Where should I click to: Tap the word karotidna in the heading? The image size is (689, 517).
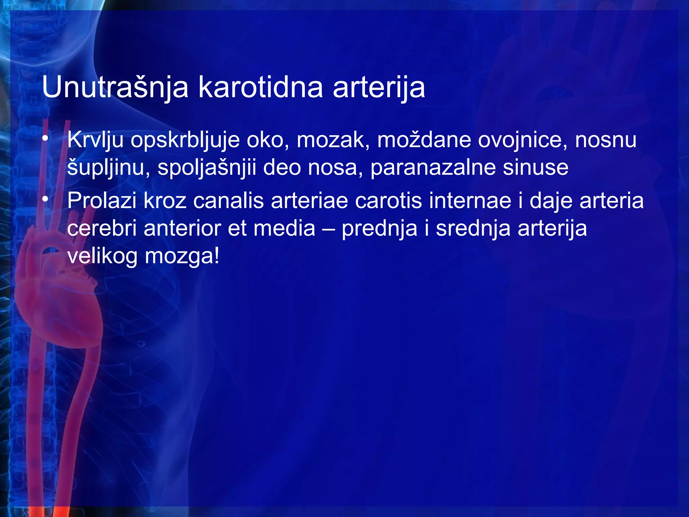pos(260,88)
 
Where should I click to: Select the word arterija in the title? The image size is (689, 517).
pos(379,88)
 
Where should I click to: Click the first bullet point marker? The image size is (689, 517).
pos(45,139)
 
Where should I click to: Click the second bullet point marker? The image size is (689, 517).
pos(45,200)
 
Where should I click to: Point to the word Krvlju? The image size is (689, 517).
pos(95,140)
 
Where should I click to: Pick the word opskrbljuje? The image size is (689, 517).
pos(185,140)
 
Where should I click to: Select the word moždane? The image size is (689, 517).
pos(424,140)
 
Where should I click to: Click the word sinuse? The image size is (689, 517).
pos(535,168)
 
